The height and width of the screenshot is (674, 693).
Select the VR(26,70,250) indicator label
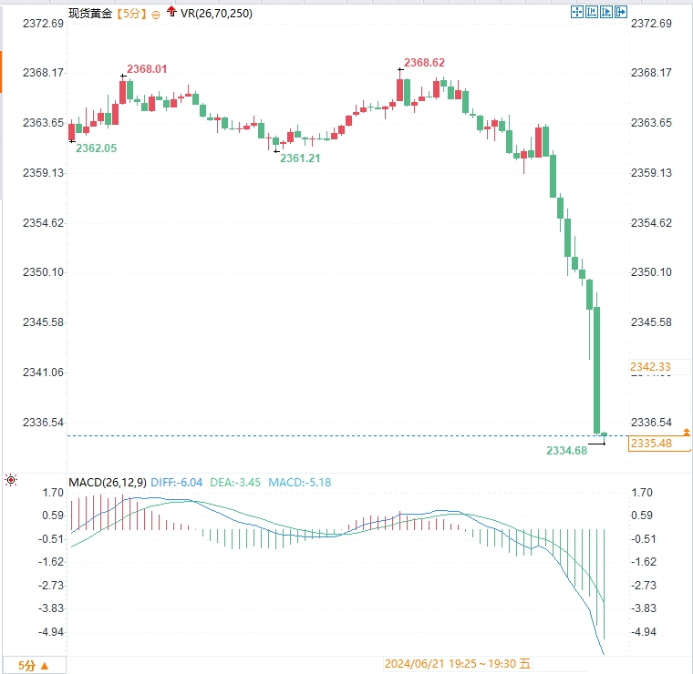pos(217,13)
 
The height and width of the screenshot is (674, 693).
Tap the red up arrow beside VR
pos(171,12)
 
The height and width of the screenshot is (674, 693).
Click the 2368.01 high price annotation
pos(147,68)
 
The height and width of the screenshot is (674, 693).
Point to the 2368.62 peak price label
pos(424,62)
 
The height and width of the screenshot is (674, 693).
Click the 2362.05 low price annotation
pos(96,148)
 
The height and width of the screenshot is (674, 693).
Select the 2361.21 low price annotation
pos(300,158)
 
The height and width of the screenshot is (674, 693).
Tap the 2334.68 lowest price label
pos(566,450)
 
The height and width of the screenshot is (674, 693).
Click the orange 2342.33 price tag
pos(650,366)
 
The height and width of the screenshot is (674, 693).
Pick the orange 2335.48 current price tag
pos(650,444)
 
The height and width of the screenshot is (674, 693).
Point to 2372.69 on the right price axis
pos(650,23)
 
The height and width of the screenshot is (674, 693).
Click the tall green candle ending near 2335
pos(597,369)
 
